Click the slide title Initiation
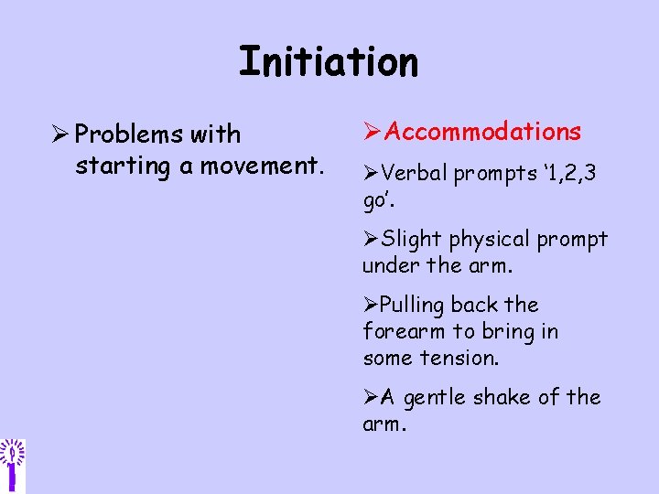[x=329, y=62]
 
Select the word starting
[x=113, y=167]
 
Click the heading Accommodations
[x=482, y=133]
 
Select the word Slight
[x=410, y=240]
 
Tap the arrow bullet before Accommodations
[x=373, y=133]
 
